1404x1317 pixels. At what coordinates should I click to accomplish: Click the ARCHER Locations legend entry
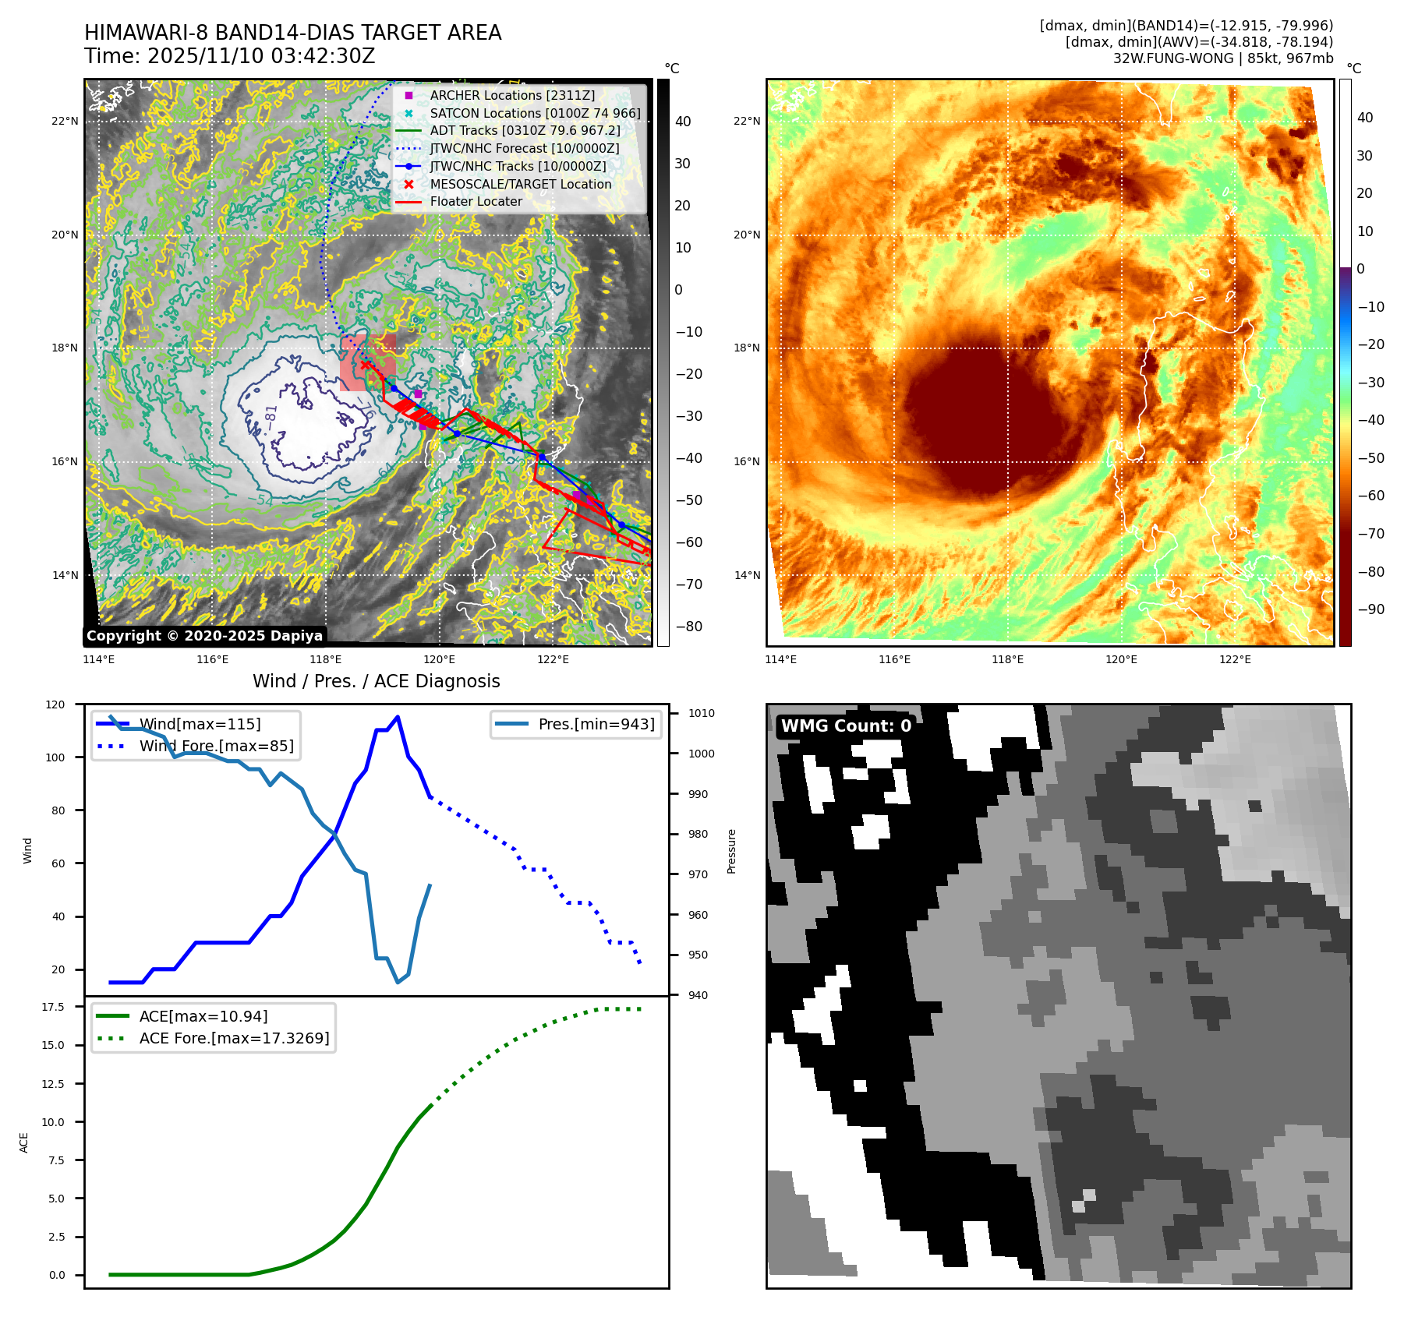tap(511, 95)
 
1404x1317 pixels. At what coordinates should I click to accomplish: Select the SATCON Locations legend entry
tap(535, 113)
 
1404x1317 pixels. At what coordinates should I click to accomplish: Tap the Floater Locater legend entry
tap(476, 201)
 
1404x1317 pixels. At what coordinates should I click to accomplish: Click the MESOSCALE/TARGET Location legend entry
tap(520, 184)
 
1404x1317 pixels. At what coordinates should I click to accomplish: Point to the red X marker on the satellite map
tap(366, 365)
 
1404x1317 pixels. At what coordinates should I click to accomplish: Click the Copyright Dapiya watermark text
tap(204, 636)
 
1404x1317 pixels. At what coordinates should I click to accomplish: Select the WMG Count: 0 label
tap(846, 726)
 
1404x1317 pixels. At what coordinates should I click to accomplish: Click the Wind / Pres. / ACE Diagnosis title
tap(377, 681)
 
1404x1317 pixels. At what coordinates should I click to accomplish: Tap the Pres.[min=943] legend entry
tap(596, 724)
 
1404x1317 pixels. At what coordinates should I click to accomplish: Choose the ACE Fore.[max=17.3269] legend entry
tap(234, 1038)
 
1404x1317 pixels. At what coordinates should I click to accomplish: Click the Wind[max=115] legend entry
tap(200, 724)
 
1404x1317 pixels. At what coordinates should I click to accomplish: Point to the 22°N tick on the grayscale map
tap(65, 121)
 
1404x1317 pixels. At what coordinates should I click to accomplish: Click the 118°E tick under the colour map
tap(1007, 659)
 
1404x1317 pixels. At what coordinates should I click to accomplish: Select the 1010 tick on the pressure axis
tap(701, 713)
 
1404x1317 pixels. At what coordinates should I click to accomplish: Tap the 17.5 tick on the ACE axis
tap(53, 1007)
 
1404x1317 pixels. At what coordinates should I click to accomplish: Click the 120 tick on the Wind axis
tap(55, 704)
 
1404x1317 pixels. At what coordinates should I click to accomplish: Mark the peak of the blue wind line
tap(398, 717)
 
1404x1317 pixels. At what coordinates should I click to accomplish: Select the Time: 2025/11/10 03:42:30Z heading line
tap(230, 56)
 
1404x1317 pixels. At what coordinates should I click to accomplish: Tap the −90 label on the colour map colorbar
tap(1370, 609)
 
